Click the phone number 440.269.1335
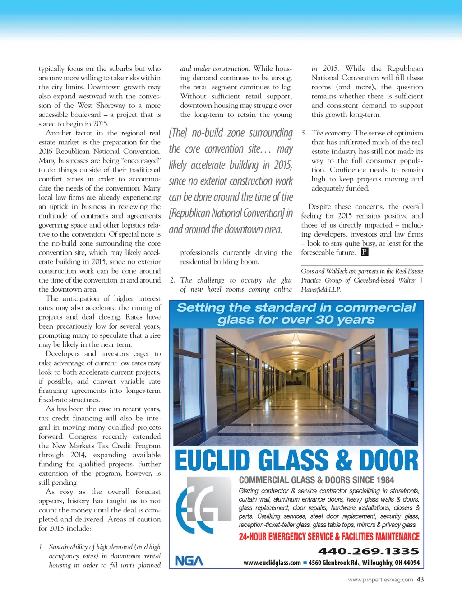coord(368,551)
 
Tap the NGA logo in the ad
coord(189,561)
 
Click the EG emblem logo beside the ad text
coord(201,505)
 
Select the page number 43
coord(420,580)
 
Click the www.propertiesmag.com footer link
coord(380,580)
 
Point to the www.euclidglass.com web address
coord(272,563)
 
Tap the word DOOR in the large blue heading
coord(388,460)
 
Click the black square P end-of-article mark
coord(365,252)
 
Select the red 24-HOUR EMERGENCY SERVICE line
coord(329,537)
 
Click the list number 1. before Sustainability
coord(42,547)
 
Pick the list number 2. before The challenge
coord(173,280)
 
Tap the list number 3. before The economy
coord(304,133)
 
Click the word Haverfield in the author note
coord(314,290)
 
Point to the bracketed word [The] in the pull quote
coord(178,133)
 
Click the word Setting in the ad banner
coord(200,308)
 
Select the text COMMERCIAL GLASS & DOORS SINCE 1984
coord(316,480)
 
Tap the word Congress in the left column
coord(83,437)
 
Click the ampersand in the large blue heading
coord(343,460)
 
